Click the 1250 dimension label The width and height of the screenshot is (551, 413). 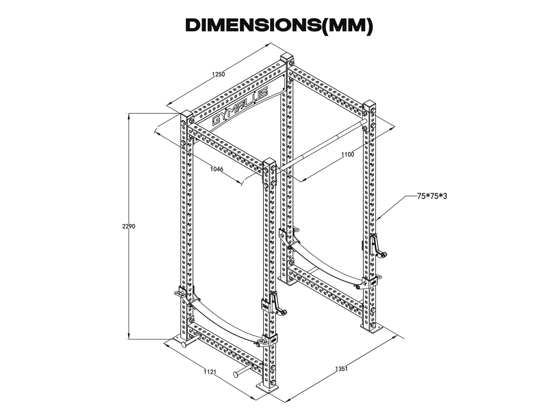[x=219, y=75]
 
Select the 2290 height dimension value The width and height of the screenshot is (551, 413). [x=129, y=226]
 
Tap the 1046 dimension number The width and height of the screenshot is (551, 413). [x=216, y=169]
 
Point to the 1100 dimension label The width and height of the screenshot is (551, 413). [x=348, y=155]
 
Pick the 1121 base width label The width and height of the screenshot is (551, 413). [x=210, y=372]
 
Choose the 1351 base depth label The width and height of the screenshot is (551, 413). [x=340, y=368]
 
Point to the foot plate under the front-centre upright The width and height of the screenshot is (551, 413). [x=267, y=387]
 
